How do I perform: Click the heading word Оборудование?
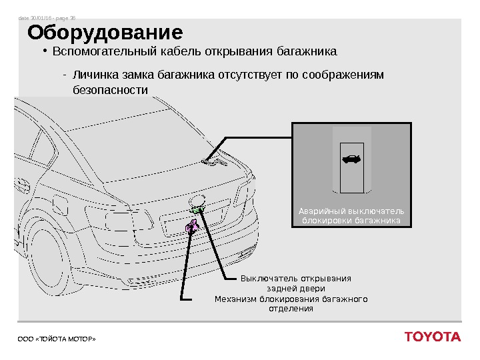pos(105,33)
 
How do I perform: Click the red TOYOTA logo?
pos(432,337)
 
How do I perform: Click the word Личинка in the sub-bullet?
pos(95,75)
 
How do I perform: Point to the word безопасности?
pos(109,89)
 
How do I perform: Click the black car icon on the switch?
pos(351,159)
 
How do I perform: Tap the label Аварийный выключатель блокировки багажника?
pos(351,216)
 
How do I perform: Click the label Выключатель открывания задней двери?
pos(295,283)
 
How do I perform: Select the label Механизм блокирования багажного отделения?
pos(291,304)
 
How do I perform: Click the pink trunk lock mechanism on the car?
pos(192,227)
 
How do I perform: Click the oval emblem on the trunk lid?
pos(199,199)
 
